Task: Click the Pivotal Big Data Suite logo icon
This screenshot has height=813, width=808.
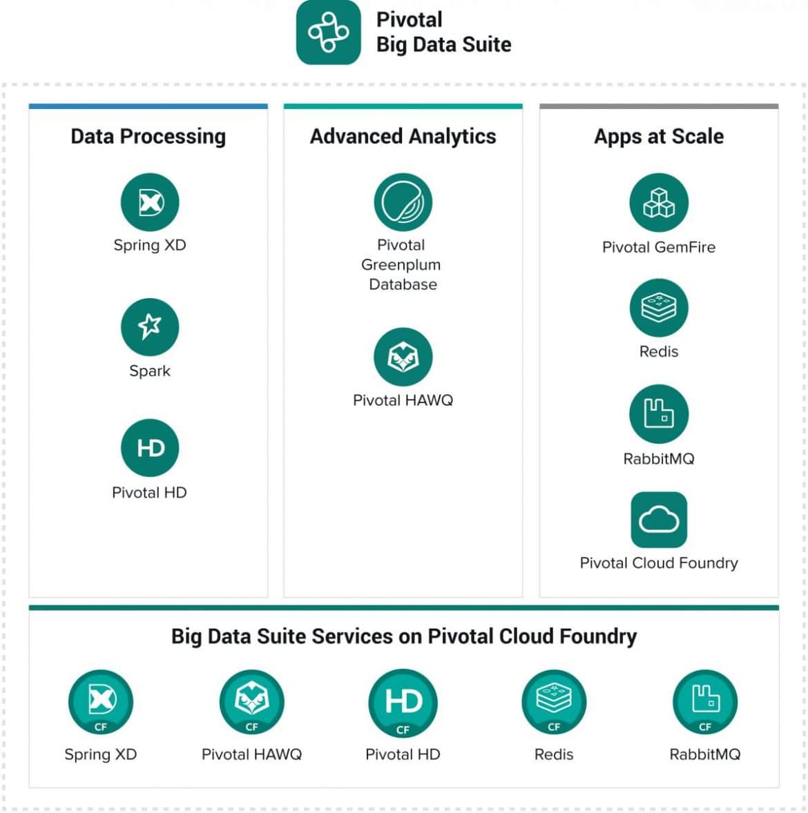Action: pos(329,32)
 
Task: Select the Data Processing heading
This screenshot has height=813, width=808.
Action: pos(148,137)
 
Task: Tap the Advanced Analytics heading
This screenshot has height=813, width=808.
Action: pos(403,137)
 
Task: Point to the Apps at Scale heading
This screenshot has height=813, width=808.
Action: pos(659,137)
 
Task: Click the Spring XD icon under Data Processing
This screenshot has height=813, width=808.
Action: pos(150,202)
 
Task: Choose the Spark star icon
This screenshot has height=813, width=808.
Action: pos(150,327)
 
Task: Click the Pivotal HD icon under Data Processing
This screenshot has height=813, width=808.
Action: pos(150,448)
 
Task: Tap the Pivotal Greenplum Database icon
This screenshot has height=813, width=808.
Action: pos(403,202)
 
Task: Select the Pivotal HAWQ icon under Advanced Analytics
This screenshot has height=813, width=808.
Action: pos(403,357)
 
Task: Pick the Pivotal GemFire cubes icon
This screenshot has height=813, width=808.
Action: pos(659,203)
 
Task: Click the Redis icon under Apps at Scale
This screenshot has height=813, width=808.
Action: pos(659,308)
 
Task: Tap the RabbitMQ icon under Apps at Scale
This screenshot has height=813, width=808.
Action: pos(659,414)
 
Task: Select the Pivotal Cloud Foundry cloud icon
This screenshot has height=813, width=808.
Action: pos(659,520)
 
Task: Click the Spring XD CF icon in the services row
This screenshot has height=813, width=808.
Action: pos(101,702)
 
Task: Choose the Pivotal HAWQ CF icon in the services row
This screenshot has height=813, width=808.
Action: pos(251,702)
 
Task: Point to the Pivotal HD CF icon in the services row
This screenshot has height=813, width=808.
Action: pos(403,703)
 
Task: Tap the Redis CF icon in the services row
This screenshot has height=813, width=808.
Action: pos(555,702)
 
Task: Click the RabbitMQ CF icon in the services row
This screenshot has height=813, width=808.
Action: pos(705,702)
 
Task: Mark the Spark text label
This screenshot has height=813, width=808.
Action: pos(150,371)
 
